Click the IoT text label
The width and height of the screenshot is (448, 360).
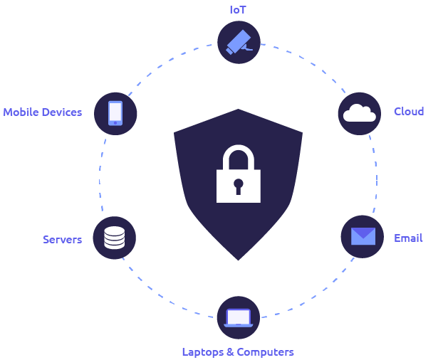click(x=238, y=10)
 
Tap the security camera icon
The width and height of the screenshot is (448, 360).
click(x=239, y=42)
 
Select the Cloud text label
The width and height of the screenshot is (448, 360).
click(x=409, y=111)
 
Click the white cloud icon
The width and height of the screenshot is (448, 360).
click(x=360, y=113)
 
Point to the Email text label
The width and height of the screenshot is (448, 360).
click(x=408, y=238)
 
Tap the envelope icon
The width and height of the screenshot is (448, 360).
click(x=363, y=236)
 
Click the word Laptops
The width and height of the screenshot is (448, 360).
click(x=203, y=352)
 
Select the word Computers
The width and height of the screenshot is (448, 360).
click(x=266, y=352)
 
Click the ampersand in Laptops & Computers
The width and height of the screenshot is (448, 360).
click(x=230, y=352)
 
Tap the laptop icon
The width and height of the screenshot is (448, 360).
click(x=239, y=318)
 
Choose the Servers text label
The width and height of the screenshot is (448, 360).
click(x=62, y=240)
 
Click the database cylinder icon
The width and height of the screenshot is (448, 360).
click(x=114, y=238)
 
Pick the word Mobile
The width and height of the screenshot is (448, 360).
click(x=21, y=112)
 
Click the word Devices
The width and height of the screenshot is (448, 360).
click(x=61, y=112)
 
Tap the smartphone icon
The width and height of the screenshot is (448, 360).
click(x=115, y=113)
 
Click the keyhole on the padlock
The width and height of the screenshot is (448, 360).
click(x=239, y=186)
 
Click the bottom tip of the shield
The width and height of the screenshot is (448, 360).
click(x=239, y=260)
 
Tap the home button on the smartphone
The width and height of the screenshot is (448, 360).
click(x=115, y=123)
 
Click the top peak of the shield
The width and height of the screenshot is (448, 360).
click(x=238, y=109)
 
